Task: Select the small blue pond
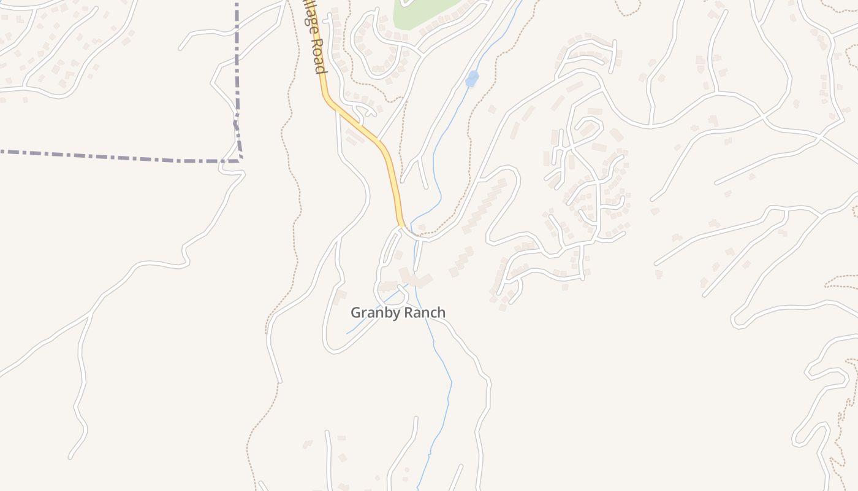pos(471,79)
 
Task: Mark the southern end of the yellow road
pos(401,225)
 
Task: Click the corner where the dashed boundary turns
pos(240,160)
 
